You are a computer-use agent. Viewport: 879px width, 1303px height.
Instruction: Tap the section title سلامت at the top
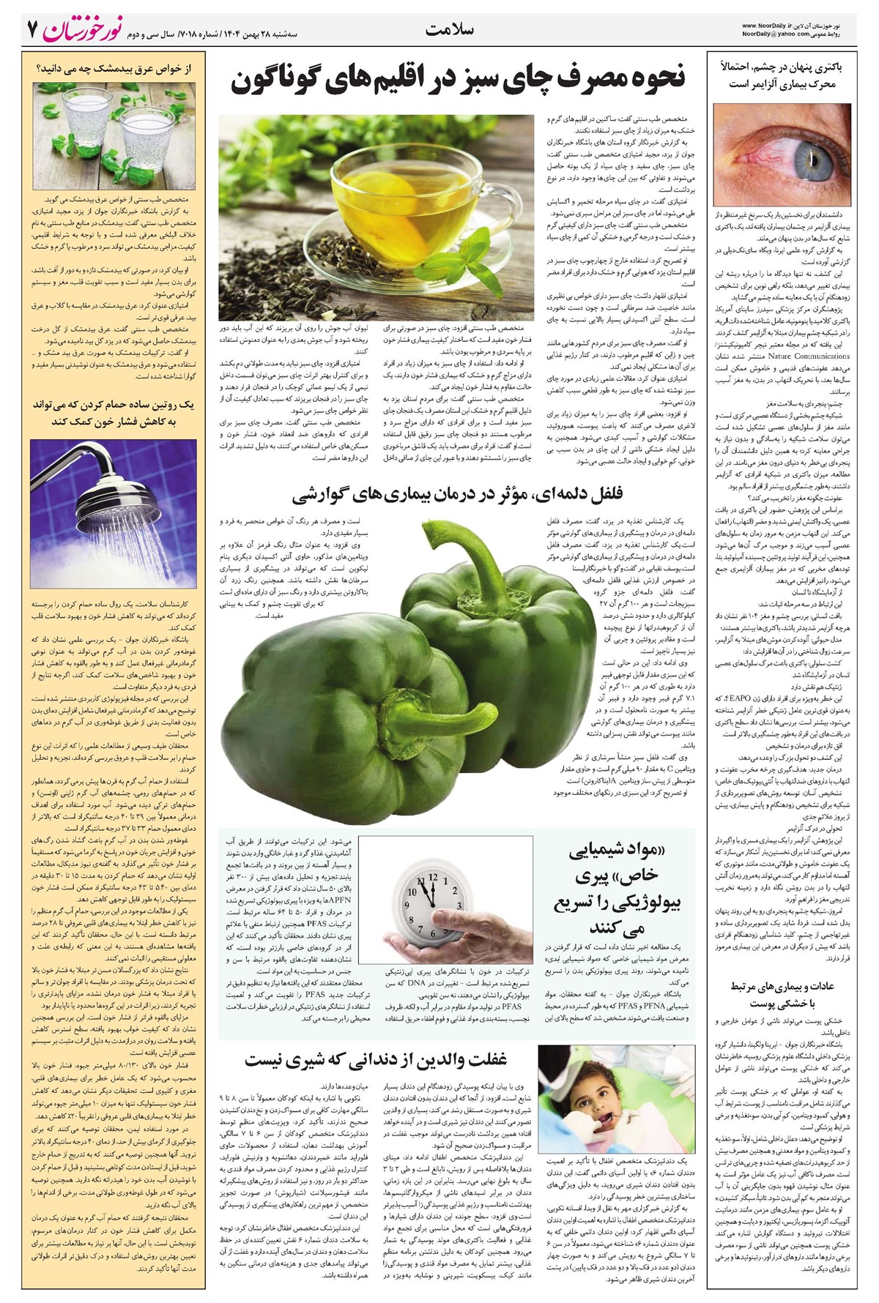pyautogui.click(x=450, y=30)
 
